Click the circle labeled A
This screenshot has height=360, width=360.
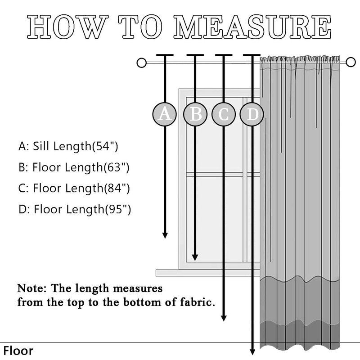[165, 114]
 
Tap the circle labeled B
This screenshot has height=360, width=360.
[195, 114]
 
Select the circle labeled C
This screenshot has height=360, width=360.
[224, 114]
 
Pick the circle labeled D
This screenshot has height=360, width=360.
[252, 114]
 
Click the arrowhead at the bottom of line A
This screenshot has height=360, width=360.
[165, 234]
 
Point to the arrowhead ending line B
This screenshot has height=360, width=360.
[195, 257]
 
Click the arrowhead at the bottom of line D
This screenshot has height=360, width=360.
[252, 351]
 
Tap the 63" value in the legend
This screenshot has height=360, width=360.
[117, 167]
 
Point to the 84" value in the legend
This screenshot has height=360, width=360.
[117, 188]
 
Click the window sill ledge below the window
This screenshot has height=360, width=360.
[207, 273]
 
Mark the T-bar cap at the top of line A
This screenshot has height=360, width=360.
[165, 56]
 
